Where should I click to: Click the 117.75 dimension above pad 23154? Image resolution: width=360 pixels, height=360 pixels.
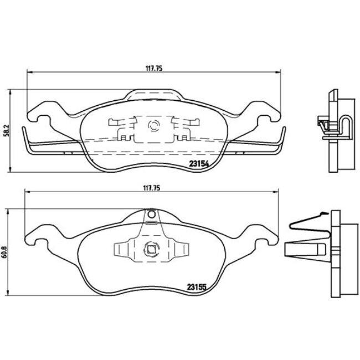[152, 69]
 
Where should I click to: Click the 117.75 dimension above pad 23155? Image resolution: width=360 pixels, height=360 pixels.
[152, 188]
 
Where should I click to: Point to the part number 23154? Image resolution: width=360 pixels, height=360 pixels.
[198, 163]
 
